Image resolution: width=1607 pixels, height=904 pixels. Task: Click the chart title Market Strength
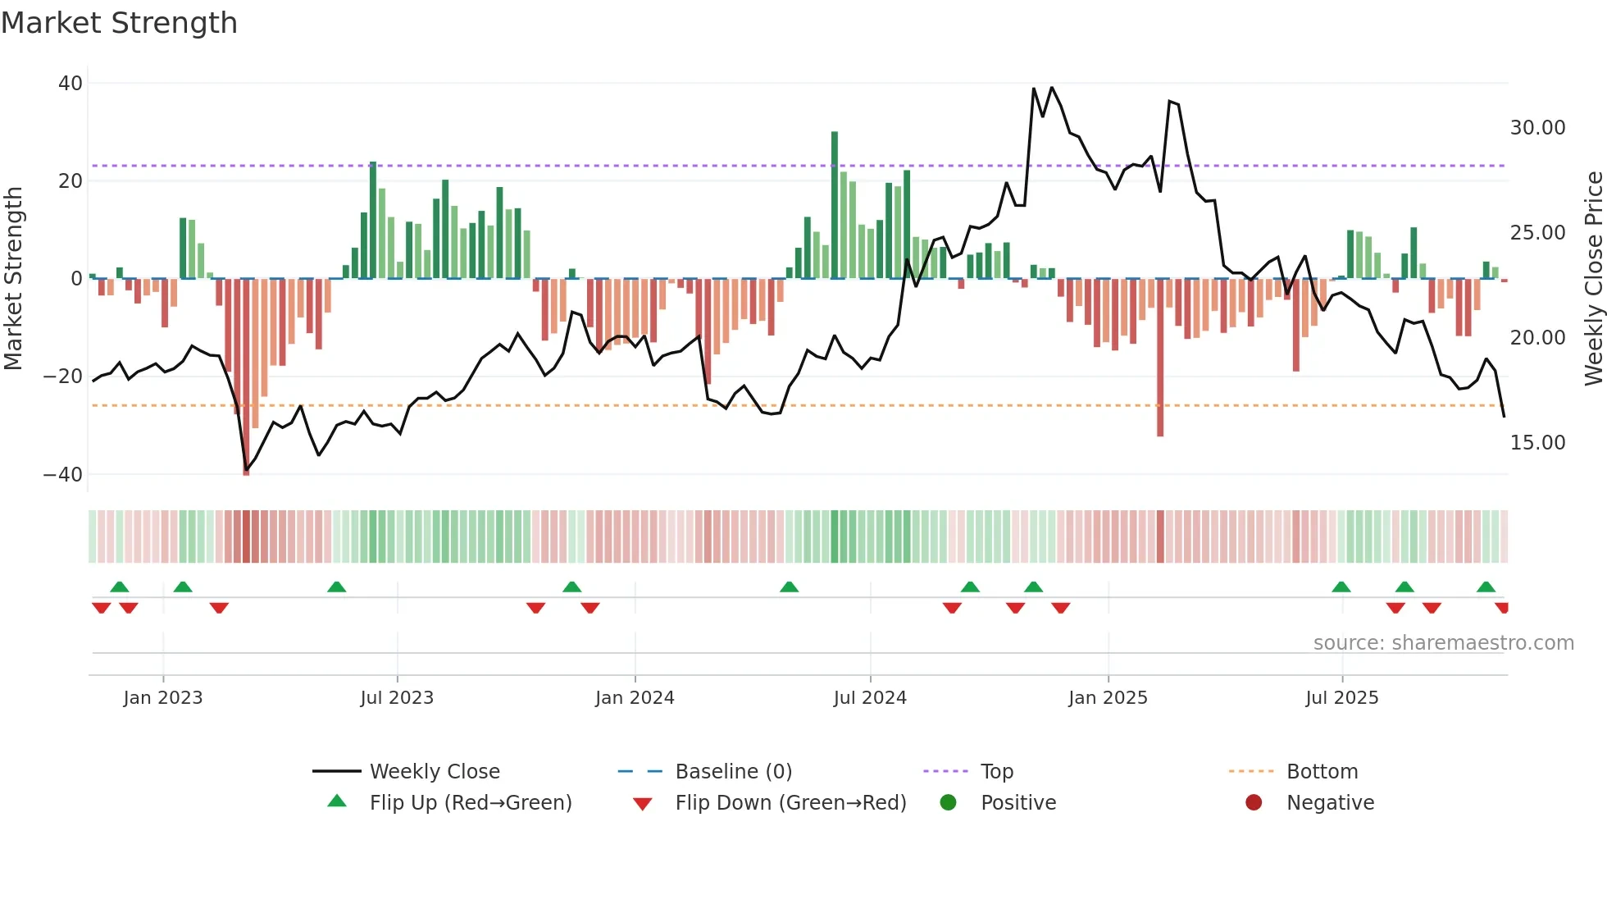pyautogui.click(x=119, y=23)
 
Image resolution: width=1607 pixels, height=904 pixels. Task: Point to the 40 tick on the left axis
pyautogui.click(x=71, y=83)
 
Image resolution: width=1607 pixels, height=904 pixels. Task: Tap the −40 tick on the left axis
pyautogui.click(x=63, y=474)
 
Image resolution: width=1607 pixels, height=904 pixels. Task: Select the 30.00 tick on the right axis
pyautogui.click(x=1537, y=128)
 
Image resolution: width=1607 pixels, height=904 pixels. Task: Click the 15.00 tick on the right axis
pyautogui.click(x=1537, y=443)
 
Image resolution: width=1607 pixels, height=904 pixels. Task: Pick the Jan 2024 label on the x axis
pyautogui.click(x=635, y=698)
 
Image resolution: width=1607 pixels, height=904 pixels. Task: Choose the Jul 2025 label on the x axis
pyautogui.click(x=1341, y=698)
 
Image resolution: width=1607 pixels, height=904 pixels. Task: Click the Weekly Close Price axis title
pyautogui.click(x=1593, y=278)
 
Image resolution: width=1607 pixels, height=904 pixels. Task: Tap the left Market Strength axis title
pyautogui.click(x=13, y=278)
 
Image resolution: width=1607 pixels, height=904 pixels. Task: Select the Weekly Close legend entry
pyautogui.click(x=434, y=772)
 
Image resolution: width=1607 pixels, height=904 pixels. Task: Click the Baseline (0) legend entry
pyautogui.click(x=733, y=772)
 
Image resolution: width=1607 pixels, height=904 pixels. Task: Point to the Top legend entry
pyautogui.click(x=996, y=772)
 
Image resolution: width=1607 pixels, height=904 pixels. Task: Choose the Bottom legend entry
pyautogui.click(x=1322, y=772)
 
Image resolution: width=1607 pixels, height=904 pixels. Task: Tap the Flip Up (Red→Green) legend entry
pyautogui.click(x=470, y=803)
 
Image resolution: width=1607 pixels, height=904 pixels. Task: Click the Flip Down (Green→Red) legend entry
pyautogui.click(x=790, y=803)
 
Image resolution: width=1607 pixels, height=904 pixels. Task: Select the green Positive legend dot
pyautogui.click(x=949, y=803)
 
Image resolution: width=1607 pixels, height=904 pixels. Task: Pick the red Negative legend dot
pyautogui.click(x=1254, y=803)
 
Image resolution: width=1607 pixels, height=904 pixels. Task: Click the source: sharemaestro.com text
pyautogui.click(x=1443, y=643)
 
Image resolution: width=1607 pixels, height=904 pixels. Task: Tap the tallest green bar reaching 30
pyautogui.click(x=835, y=205)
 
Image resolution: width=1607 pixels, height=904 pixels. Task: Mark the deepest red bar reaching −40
pyautogui.click(x=246, y=377)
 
